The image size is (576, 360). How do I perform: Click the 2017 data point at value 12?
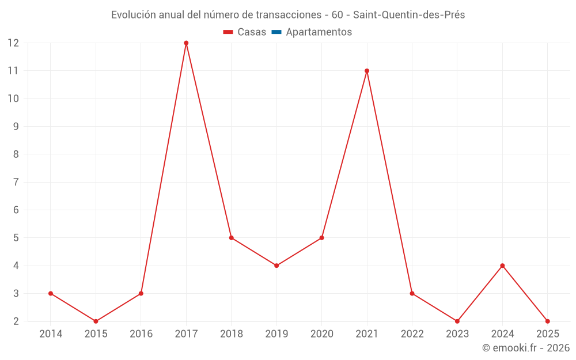click(x=186, y=43)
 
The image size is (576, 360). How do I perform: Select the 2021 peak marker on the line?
click(x=367, y=71)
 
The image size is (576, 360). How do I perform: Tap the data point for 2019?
click(x=276, y=266)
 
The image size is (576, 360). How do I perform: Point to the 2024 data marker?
click(x=502, y=266)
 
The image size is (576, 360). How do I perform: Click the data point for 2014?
click(x=51, y=293)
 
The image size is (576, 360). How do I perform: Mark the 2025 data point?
click(x=547, y=321)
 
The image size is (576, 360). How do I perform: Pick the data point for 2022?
click(x=412, y=293)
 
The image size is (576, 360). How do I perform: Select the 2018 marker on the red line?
click(x=231, y=237)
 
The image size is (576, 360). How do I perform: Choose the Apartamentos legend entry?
click(x=319, y=32)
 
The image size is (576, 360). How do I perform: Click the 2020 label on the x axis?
click(x=321, y=334)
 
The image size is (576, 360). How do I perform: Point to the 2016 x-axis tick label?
click(x=141, y=334)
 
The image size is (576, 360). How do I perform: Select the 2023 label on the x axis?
click(x=457, y=334)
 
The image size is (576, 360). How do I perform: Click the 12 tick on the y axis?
click(x=13, y=43)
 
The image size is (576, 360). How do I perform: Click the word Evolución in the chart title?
click(x=134, y=15)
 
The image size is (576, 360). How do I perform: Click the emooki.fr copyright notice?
click(x=525, y=348)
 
